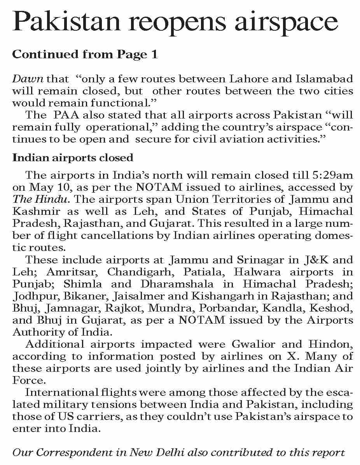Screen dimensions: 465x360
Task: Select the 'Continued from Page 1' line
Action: [x=85, y=54]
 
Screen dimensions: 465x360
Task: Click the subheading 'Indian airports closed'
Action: [x=73, y=158]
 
